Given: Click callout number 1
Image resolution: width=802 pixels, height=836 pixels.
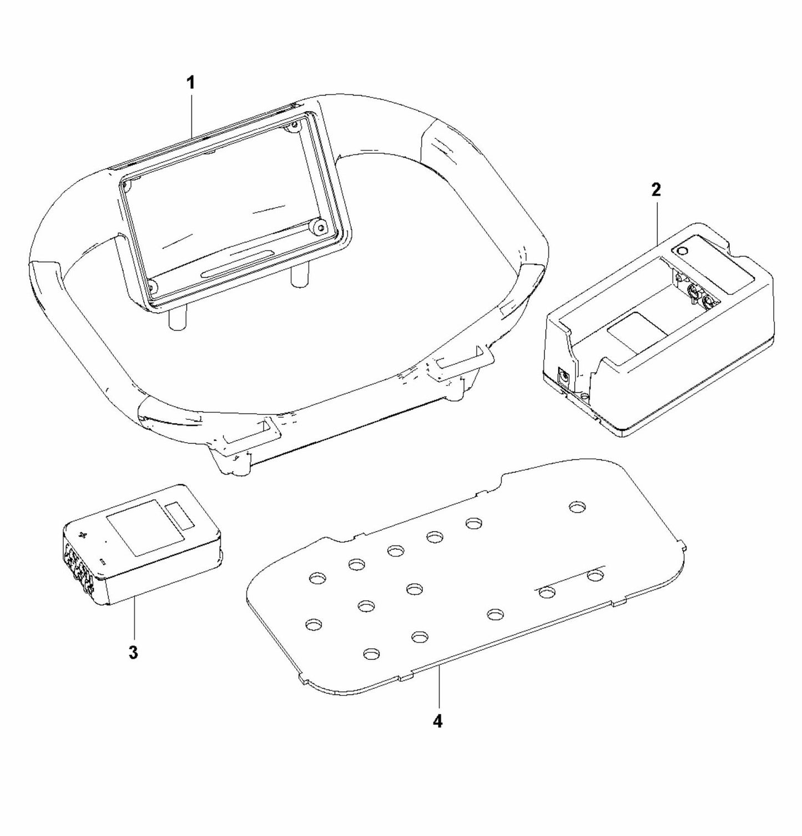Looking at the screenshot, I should point(190,83).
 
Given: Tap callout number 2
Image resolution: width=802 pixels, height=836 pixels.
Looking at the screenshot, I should point(657,190).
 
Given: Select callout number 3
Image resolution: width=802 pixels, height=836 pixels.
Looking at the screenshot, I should point(133,652).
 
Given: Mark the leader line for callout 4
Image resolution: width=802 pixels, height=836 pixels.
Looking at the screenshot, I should point(438,689).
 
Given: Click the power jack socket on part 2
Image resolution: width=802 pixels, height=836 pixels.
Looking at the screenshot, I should point(564,378).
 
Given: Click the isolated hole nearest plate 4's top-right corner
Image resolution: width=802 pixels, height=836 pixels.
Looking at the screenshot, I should point(578,507).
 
